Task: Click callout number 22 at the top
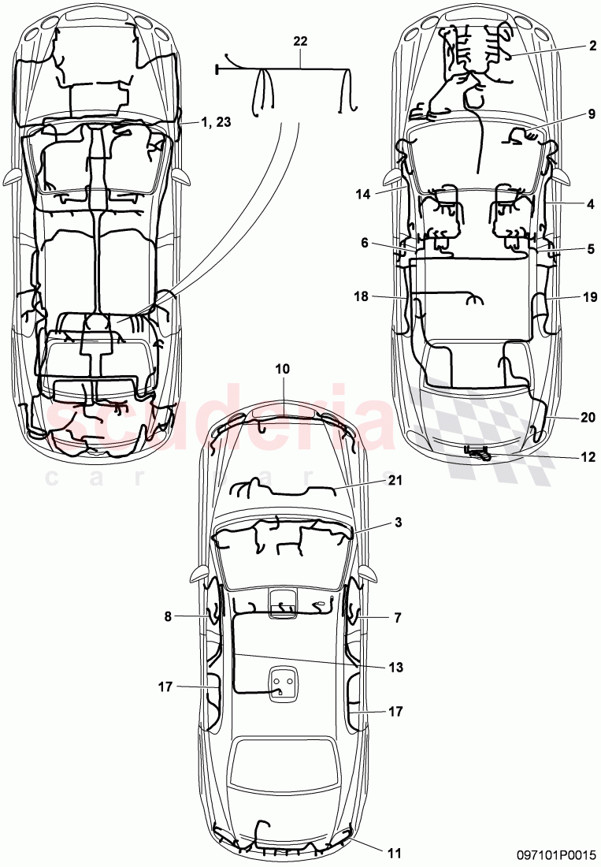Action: [300, 41]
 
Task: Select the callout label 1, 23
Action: [215, 122]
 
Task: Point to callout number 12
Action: [588, 456]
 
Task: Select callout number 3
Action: [398, 523]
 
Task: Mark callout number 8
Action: [168, 618]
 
